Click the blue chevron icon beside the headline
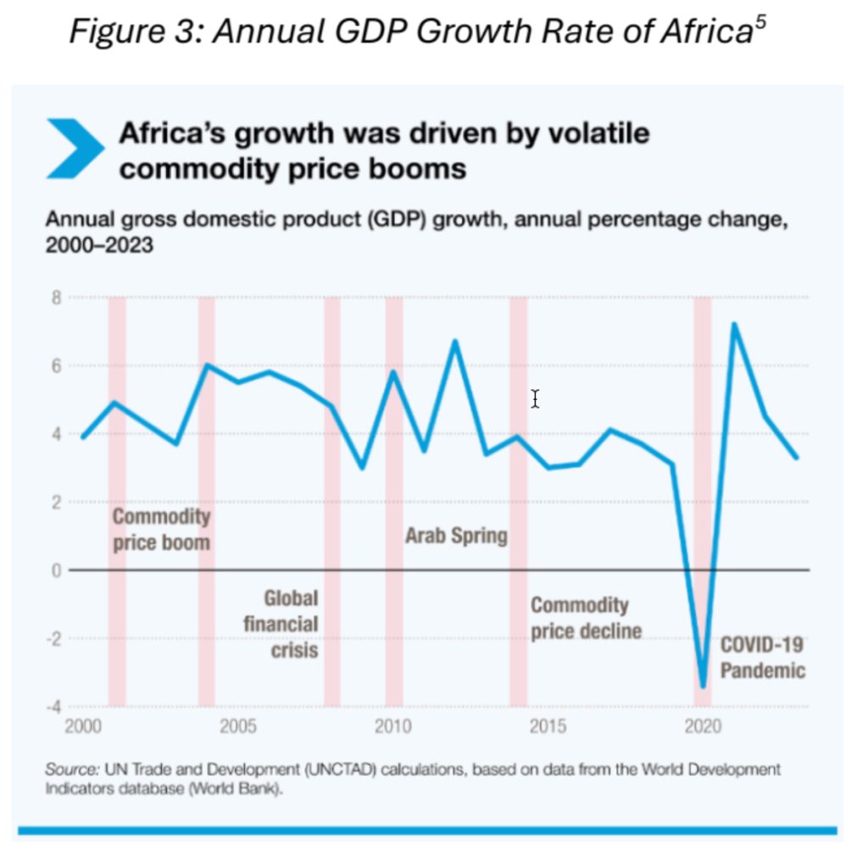(x=75, y=148)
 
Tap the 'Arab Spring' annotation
(x=456, y=536)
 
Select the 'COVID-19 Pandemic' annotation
(x=762, y=658)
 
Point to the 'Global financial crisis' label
(x=281, y=624)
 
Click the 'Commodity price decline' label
(x=586, y=618)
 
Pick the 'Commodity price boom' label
(x=161, y=529)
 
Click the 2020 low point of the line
(x=703, y=686)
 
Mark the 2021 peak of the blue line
(x=734, y=324)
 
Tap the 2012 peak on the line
(x=455, y=342)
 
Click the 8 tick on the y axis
(x=57, y=298)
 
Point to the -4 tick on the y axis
(x=54, y=706)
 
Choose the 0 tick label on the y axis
(x=57, y=570)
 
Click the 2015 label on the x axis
(x=548, y=727)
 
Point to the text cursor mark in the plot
(x=535, y=398)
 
